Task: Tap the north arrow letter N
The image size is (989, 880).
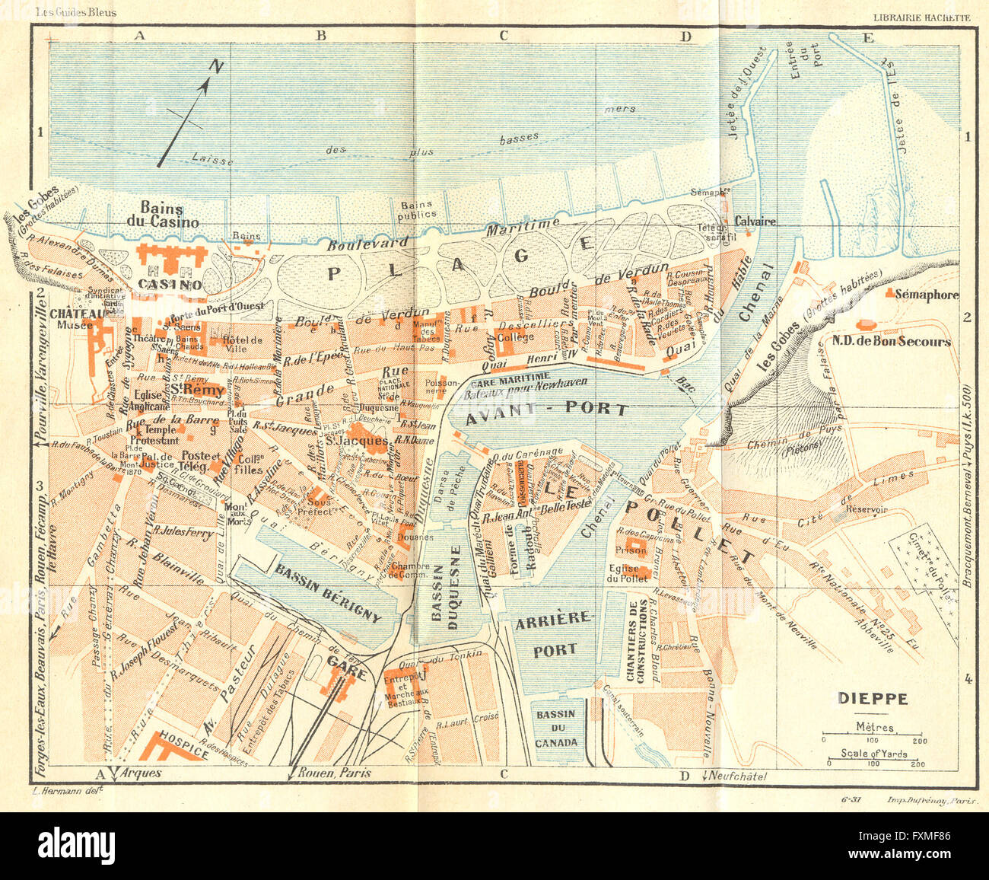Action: (x=217, y=67)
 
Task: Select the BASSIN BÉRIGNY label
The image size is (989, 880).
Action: (x=328, y=594)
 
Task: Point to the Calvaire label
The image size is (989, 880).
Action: (x=754, y=222)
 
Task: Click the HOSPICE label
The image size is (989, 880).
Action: (x=183, y=753)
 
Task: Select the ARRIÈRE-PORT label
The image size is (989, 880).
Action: (x=553, y=634)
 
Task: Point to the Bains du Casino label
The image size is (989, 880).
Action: (x=169, y=215)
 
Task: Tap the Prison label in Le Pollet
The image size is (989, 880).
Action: (x=631, y=549)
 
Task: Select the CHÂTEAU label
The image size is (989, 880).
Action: (x=76, y=313)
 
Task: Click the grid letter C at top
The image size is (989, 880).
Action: (x=503, y=34)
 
